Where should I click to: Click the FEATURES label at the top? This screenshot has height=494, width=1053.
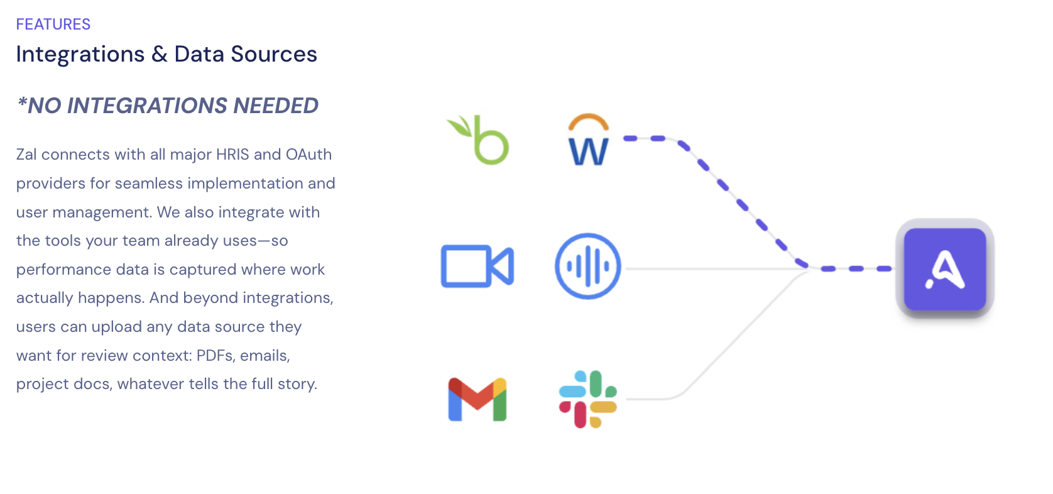point(53,24)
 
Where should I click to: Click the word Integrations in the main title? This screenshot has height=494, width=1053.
point(80,54)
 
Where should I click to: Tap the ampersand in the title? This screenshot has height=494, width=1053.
point(160,54)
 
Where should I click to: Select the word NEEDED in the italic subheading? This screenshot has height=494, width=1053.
point(276,106)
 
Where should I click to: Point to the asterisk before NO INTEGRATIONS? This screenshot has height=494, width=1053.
point(21,102)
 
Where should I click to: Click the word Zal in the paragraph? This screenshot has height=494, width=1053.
point(26,154)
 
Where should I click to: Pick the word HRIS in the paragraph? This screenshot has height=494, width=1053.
point(232,154)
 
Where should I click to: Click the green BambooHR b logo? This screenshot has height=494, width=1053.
point(477,140)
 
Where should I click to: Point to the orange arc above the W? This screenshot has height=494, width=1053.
point(589,118)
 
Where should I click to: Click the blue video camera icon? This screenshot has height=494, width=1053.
point(477,266)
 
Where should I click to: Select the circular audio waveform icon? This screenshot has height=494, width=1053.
point(588,266)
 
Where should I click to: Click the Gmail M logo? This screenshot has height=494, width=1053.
point(477,400)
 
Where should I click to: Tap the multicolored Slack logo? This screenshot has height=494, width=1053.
point(588,399)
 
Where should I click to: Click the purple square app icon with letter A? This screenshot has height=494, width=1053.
point(945,269)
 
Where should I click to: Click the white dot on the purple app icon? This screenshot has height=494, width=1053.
point(930,284)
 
